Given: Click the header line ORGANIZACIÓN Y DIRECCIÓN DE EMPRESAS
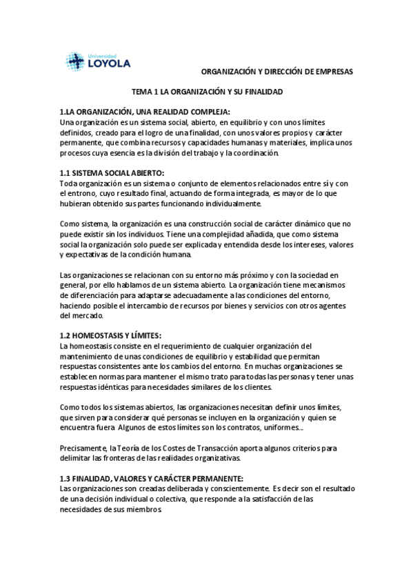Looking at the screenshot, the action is pos(276,71).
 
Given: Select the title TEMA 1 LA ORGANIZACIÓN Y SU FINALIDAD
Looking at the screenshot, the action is pos(208,91).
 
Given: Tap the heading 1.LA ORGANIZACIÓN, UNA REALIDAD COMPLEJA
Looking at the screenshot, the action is pos(145,112).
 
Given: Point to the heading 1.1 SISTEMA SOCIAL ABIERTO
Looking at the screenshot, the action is pos(112,172).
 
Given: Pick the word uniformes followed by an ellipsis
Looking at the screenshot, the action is pos(281,428).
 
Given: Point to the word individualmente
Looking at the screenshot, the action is pos(228,204).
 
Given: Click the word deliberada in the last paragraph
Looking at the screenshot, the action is pos(172,488).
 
